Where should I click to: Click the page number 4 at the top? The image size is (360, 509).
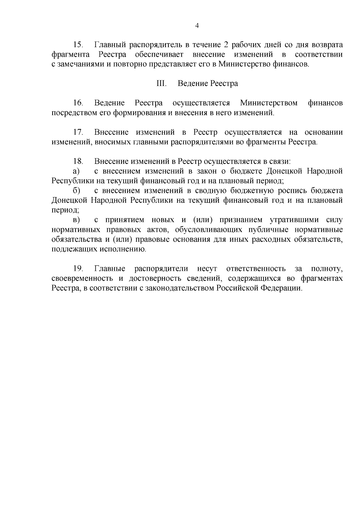point(197,26)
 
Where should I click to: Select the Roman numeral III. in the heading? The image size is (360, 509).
point(161,83)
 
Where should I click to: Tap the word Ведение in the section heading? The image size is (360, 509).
point(191,83)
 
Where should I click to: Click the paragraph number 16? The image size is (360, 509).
point(78,103)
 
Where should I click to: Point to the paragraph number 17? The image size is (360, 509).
point(78,132)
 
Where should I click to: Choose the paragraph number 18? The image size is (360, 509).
point(78,161)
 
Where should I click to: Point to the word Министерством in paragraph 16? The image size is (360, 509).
point(269,103)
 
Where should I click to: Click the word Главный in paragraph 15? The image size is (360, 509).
point(109,45)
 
